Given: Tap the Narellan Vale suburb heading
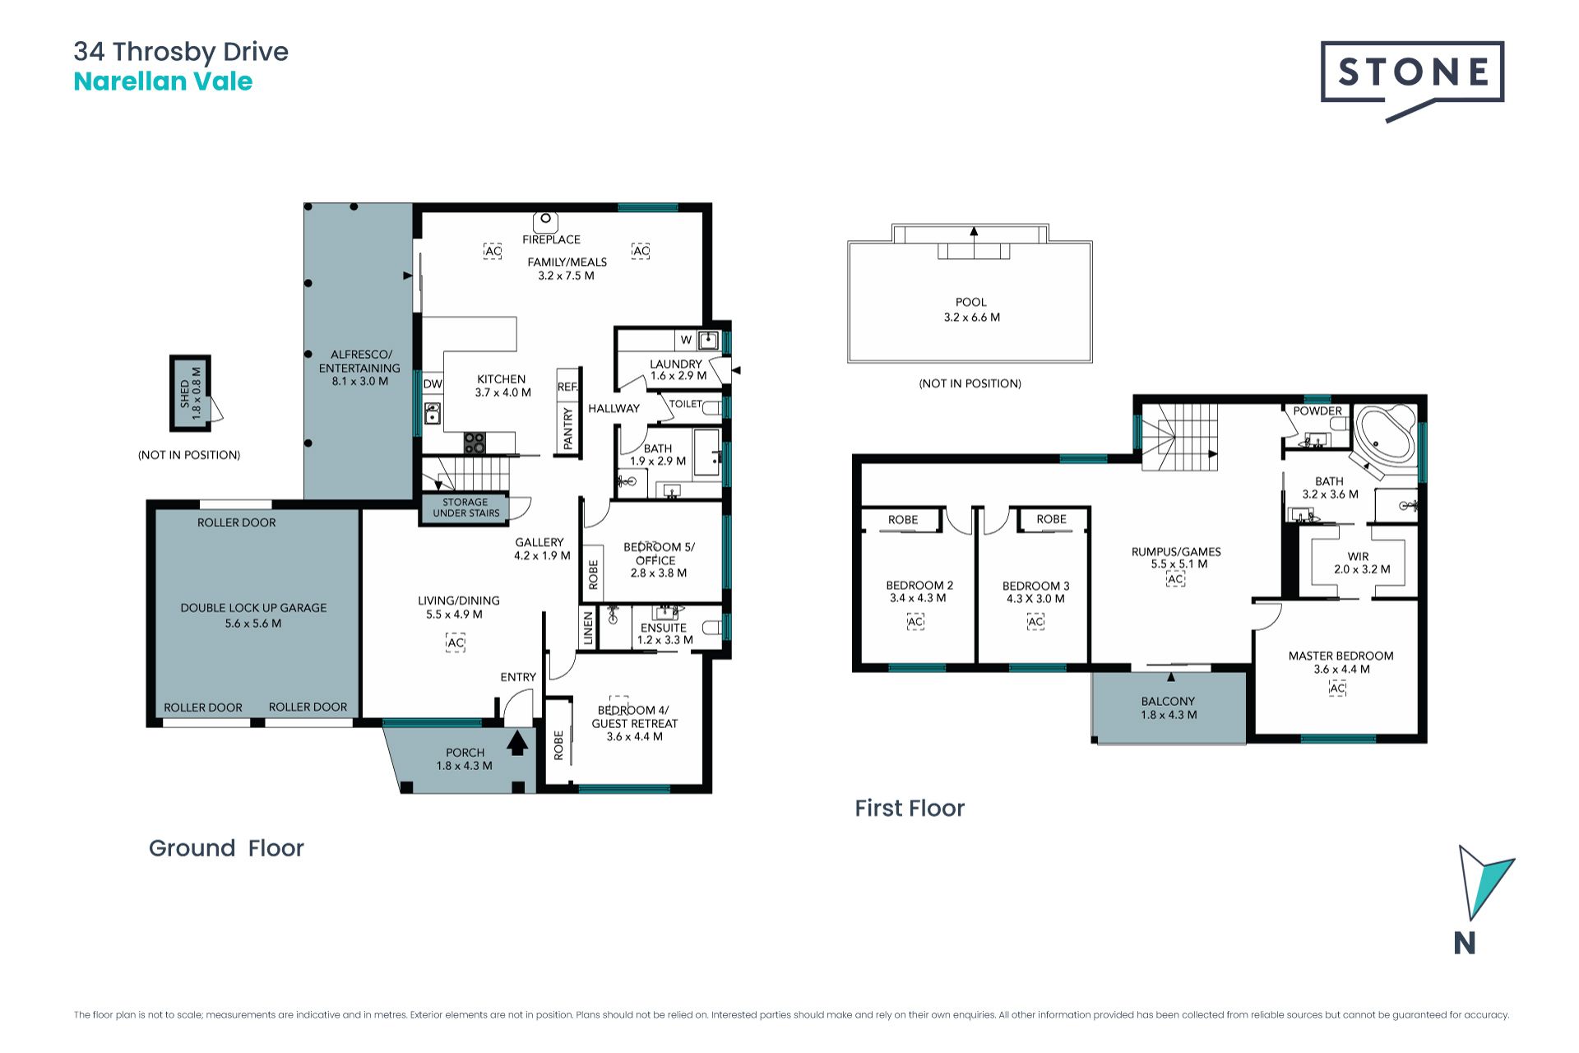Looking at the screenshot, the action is point(163,81).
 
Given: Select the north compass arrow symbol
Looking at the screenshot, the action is point(1484,882).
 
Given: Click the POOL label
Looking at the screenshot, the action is point(971,302).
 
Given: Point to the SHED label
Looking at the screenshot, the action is point(185,394).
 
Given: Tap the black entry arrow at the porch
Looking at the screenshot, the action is point(517,742).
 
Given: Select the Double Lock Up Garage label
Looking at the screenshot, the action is point(253,608).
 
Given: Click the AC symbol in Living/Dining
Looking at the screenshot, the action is point(456,642).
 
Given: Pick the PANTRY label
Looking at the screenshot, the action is point(567,429).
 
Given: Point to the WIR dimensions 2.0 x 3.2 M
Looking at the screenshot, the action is point(1362,569).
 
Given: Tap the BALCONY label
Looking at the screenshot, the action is point(1168,701).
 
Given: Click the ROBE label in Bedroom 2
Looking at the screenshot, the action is point(903,520).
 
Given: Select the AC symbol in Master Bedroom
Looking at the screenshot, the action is point(1338,689).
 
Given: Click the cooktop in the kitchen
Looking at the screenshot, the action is point(475,443).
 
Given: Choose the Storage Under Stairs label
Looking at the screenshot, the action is point(465,508).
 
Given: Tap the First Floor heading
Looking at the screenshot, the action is point(910,808).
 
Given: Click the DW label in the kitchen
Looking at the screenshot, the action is point(433,384).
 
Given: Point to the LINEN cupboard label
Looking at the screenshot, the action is point(588,629).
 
